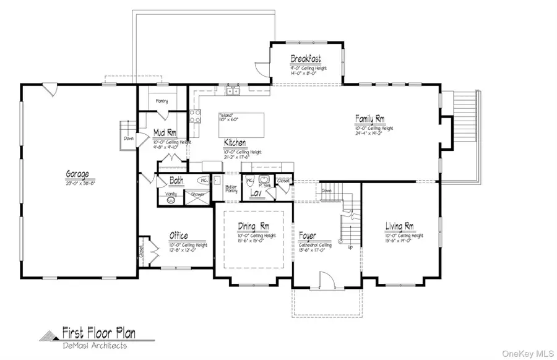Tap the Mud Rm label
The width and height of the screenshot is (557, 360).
pyautogui.click(x=165, y=132)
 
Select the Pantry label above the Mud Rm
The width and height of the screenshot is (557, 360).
pyautogui.click(x=162, y=100)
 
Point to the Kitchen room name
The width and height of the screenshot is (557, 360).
pyautogui.click(x=236, y=143)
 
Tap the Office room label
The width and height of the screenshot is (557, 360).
pyautogui.click(x=179, y=236)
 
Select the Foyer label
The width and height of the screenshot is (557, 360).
pyautogui.click(x=308, y=236)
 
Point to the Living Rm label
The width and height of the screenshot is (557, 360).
pyautogui.click(x=399, y=226)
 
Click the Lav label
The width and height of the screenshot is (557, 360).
pyautogui.click(x=254, y=194)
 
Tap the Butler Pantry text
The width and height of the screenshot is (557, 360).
pyautogui.click(x=231, y=189)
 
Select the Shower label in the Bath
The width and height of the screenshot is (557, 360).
pyautogui.click(x=196, y=194)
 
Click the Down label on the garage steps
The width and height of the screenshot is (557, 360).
pyautogui.click(x=128, y=139)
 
